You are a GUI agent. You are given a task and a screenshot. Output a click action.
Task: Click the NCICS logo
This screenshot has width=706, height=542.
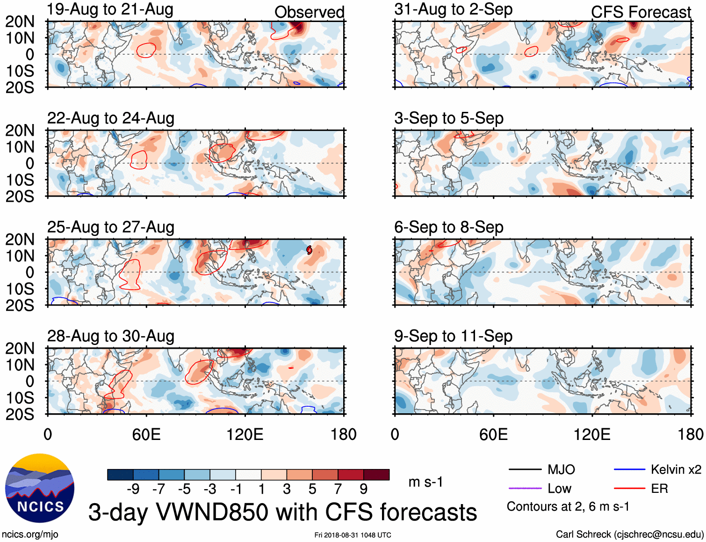click(x=40, y=488)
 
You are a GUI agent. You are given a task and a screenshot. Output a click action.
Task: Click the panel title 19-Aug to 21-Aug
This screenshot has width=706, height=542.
click(x=110, y=9)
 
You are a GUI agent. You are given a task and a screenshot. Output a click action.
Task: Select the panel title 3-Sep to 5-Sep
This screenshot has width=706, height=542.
click(x=448, y=118)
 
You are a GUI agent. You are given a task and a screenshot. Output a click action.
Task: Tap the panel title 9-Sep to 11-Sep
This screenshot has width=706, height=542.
click(x=453, y=336)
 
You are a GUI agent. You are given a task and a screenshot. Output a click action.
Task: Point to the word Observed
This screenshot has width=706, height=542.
click(x=309, y=12)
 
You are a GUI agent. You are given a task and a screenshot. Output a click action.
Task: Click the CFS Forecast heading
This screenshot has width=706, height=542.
click(x=641, y=12)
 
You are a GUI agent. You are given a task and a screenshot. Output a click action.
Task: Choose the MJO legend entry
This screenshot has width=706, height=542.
click(x=561, y=469)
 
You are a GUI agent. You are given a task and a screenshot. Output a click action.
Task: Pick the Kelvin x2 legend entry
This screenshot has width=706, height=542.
click(x=676, y=469)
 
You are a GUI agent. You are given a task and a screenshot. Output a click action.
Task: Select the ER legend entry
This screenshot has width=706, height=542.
click(x=659, y=489)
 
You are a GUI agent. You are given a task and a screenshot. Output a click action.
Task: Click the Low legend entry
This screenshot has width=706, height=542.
click(x=559, y=489)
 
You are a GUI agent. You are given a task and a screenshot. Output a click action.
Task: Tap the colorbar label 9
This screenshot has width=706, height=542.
click(x=363, y=489)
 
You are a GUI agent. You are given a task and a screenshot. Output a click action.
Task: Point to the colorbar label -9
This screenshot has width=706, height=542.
click(x=133, y=489)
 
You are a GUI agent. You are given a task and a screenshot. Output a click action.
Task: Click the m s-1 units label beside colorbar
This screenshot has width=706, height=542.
click(x=425, y=482)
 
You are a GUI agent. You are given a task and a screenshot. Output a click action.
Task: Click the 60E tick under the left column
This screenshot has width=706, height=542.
click(x=146, y=434)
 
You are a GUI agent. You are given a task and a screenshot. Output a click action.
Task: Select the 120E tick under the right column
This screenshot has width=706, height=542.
click(x=592, y=434)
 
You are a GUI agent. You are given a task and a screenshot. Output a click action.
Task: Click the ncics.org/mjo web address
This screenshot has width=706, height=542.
click(x=30, y=535)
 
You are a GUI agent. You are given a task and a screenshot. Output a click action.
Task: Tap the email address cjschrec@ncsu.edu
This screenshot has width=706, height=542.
click(x=658, y=535)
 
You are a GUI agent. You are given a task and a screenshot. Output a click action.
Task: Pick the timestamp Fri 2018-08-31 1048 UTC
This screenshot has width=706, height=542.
click(x=353, y=535)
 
